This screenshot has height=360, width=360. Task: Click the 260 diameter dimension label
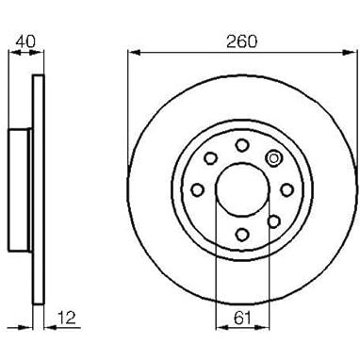241,41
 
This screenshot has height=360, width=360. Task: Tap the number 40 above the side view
26,41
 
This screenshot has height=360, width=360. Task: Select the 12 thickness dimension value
67,318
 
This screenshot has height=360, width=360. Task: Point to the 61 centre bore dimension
243,318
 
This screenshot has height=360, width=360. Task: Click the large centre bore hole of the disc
243,189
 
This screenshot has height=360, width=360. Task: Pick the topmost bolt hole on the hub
242,145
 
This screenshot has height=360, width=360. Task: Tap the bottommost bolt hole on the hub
242,234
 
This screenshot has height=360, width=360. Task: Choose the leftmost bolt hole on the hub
198,189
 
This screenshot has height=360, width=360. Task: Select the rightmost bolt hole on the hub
286,189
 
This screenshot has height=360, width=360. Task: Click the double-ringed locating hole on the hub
273,158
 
